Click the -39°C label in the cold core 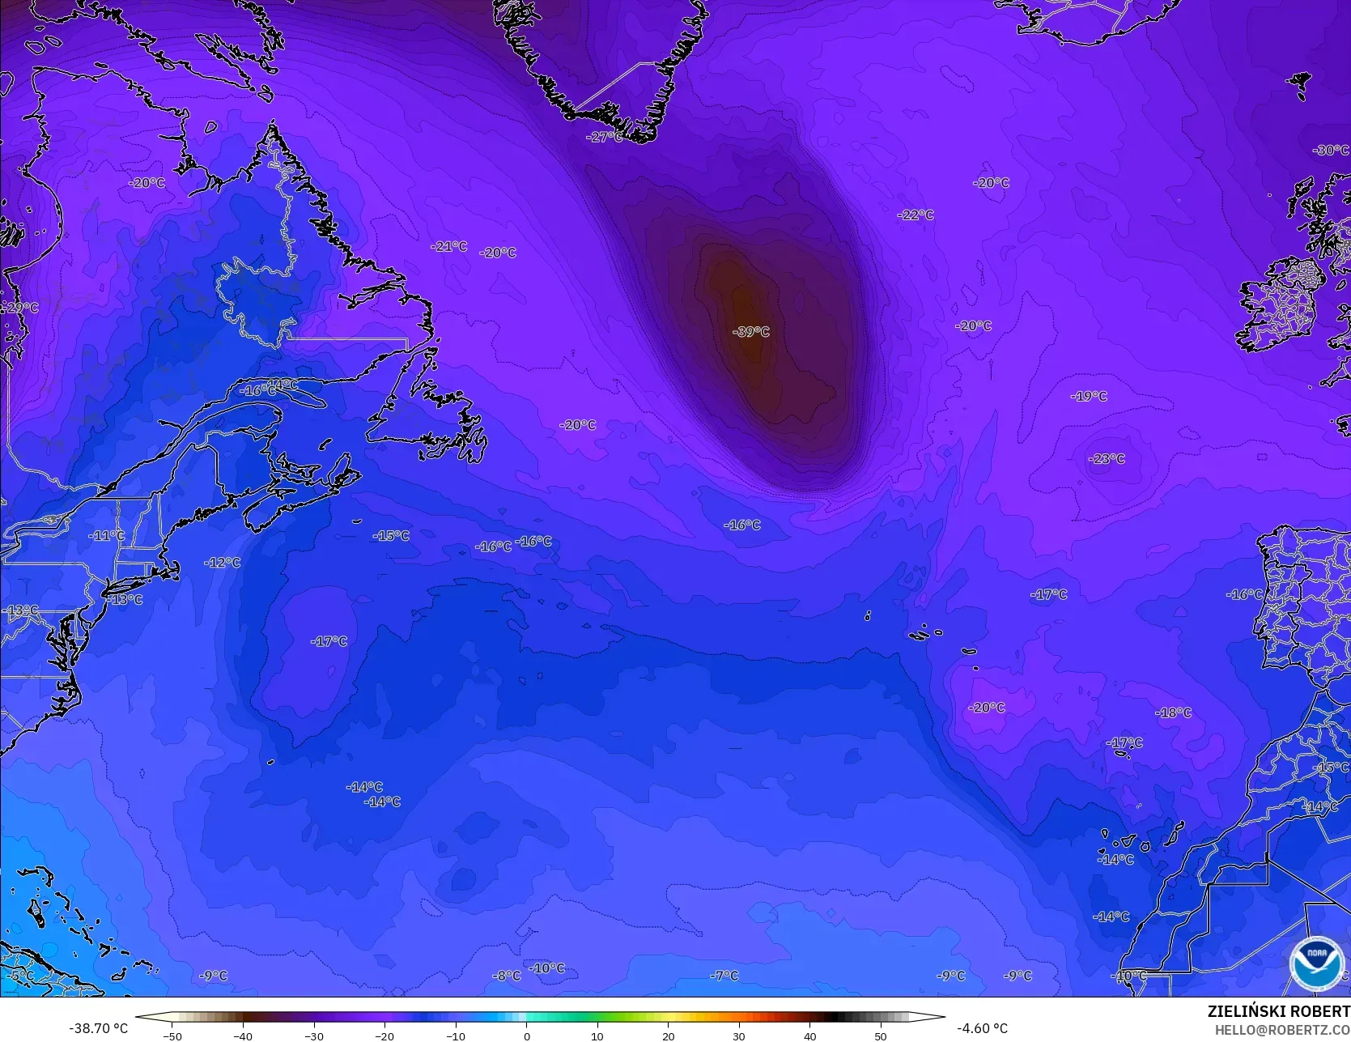tap(750, 332)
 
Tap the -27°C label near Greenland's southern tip tap(604, 138)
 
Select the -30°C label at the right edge tap(1330, 151)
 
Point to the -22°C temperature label tap(916, 215)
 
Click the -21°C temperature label tap(448, 246)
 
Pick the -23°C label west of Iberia tap(1107, 459)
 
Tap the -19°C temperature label tap(1089, 397)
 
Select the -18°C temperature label tap(1173, 713)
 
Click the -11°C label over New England tap(107, 536)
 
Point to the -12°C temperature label tap(222, 563)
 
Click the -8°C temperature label tap(507, 976)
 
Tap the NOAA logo tap(1317, 963)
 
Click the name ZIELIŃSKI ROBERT tap(1278, 1011)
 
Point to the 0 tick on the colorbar tap(526, 1036)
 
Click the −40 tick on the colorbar tap(243, 1036)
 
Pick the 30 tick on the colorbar tap(739, 1036)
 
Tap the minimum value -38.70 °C tap(98, 1028)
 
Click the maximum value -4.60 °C tap(982, 1028)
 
